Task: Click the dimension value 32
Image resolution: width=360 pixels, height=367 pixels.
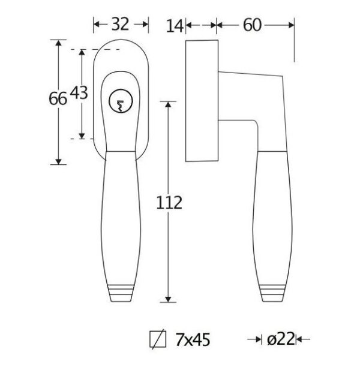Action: (x=120, y=24)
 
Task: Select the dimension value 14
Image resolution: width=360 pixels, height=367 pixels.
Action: (x=174, y=26)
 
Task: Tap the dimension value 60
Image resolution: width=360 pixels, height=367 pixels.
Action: (x=252, y=25)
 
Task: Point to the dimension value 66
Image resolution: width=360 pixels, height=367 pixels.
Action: (x=58, y=98)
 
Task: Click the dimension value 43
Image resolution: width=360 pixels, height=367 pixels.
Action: (x=79, y=93)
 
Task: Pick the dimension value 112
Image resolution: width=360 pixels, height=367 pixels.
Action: (x=169, y=203)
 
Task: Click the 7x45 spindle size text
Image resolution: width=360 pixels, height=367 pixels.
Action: (x=193, y=339)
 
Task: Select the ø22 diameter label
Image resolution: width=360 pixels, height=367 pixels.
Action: (x=281, y=339)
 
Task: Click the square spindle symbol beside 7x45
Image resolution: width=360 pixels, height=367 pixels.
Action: (x=158, y=339)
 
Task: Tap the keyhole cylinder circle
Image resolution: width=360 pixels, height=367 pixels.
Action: (x=121, y=101)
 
